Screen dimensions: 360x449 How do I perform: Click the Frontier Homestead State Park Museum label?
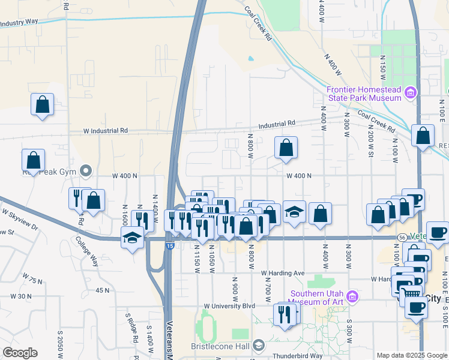click(x=364, y=94)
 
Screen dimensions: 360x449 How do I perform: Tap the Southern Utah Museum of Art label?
click(x=318, y=298)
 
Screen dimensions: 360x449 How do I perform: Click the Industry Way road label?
click(x=19, y=22)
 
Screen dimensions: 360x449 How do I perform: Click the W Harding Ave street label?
click(x=283, y=273)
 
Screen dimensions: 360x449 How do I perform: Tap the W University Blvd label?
click(x=229, y=305)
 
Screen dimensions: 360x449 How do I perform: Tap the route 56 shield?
click(x=400, y=238)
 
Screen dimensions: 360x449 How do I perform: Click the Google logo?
click(x=20, y=353)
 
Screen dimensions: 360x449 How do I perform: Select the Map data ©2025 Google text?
click(x=411, y=355)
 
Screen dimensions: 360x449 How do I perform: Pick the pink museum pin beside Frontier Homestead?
click(x=411, y=92)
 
